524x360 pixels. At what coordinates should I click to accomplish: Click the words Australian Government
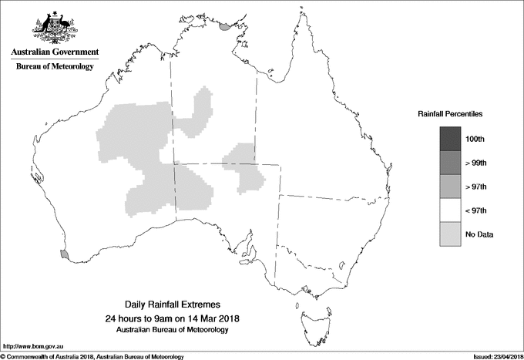point(55,52)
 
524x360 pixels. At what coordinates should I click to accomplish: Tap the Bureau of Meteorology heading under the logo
point(55,67)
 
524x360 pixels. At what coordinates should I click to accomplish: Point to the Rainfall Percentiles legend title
point(450,114)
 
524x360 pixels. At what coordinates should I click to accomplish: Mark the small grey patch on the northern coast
point(225,26)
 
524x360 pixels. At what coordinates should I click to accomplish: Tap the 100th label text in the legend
point(475,139)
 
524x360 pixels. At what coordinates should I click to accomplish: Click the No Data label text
point(479,234)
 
